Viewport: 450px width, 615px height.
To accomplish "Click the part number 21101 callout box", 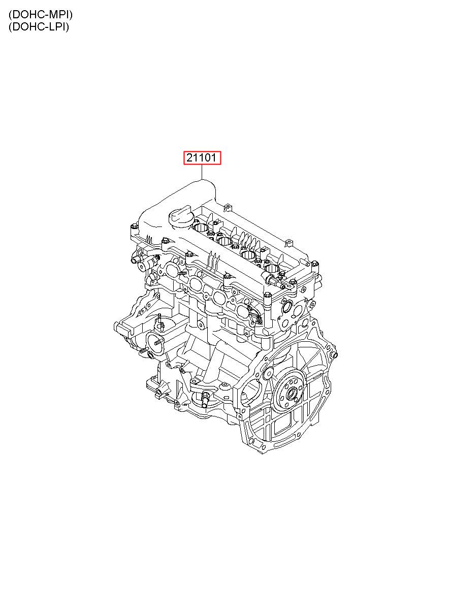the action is click(x=202, y=157).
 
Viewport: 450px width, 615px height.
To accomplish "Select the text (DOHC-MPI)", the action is click(x=40, y=15).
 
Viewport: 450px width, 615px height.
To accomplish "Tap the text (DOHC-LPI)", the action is click(x=39, y=27).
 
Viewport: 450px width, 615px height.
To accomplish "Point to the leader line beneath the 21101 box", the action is click(x=202, y=172).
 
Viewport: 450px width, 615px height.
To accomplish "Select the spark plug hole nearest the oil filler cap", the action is click(x=201, y=227).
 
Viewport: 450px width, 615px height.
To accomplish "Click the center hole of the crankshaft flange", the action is click(x=292, y=395).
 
